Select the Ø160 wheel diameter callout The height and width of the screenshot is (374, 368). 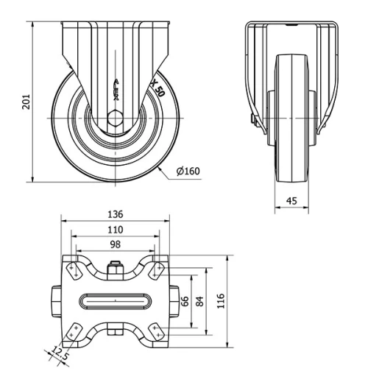[188, 172]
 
